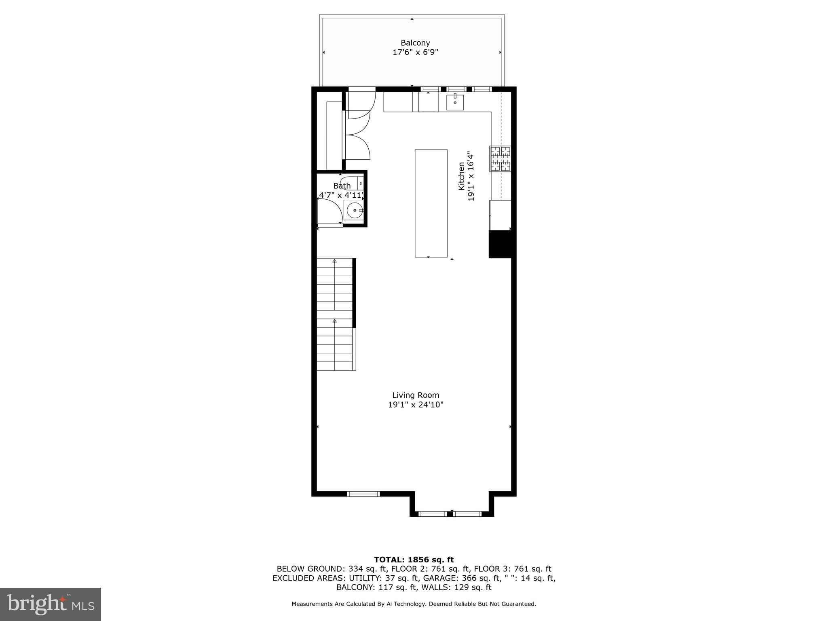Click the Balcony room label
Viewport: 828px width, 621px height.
click(x=415, y=43)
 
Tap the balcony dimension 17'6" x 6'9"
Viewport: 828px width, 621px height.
click(x=415, y=52)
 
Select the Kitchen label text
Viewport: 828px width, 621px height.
click(x=461, y=176)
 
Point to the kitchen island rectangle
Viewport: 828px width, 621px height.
click(x=431, y=203)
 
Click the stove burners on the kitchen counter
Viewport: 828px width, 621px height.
click(x=501, y=158)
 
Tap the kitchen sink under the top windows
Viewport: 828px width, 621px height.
click(x=455, y=102)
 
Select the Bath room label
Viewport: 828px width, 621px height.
click(x=342, y=186)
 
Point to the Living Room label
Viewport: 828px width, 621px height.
click(x=416, y=395)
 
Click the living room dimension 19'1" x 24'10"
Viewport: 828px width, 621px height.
click(x=416, y=405)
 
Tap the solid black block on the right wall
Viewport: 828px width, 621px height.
click(x=501, y=244)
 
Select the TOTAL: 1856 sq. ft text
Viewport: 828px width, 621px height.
click(x=414, y=560)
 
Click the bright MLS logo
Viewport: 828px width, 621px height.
click(x=51, y=604)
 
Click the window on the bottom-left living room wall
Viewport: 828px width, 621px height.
click(x=363, y=494)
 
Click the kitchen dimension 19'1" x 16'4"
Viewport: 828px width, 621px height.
click(x=471, y=176)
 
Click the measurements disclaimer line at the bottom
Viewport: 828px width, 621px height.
click(x=414, y=604)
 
